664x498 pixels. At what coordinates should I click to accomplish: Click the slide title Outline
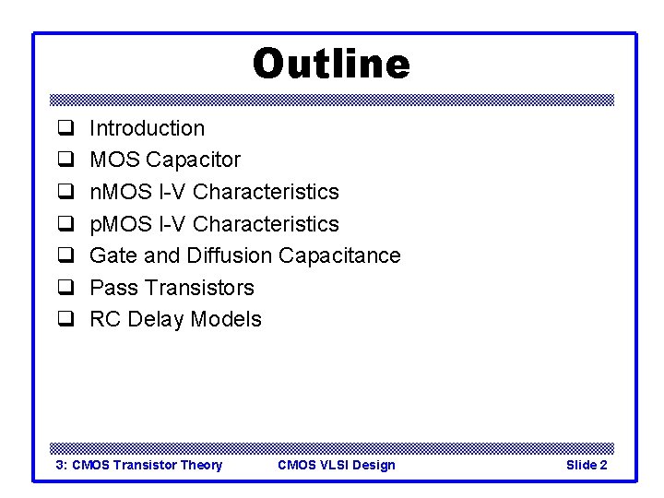(331, 65)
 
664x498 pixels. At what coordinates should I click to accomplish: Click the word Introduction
(147, 128)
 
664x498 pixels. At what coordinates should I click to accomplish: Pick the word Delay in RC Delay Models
(155, 319)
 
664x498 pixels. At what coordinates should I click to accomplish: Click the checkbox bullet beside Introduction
(65, 129)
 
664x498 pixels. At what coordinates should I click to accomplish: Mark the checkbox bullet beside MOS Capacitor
(65, 160)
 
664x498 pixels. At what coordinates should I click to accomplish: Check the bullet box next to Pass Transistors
(65, 289)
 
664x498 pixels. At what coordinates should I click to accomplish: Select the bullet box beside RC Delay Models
(65, 320)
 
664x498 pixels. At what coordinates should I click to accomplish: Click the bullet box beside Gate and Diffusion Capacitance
(65, 256)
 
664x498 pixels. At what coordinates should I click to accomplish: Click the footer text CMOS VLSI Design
(336, 465)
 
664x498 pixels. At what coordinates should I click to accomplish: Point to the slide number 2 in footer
(603, 465)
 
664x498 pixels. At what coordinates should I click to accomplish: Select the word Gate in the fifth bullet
(112, 255)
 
